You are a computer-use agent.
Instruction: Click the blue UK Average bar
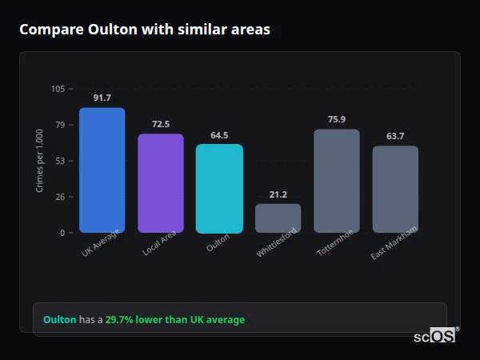102,170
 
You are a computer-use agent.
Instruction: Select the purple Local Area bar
160,183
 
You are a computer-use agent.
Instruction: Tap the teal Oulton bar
219,189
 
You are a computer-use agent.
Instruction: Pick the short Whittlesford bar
278,218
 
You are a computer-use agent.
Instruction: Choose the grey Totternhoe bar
336,181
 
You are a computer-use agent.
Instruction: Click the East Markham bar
395,190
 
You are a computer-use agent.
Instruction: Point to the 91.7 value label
102,98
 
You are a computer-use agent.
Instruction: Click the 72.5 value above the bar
160,124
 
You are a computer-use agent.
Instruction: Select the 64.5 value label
219,135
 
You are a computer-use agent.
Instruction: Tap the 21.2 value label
278,194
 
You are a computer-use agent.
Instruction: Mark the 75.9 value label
336,119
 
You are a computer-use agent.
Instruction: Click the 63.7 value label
395,136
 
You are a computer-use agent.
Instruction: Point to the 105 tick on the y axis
58,89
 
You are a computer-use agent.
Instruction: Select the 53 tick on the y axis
60,161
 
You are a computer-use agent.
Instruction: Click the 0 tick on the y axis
62,233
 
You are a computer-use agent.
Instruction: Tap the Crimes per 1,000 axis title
40,160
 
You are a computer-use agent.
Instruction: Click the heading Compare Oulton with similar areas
145,30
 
